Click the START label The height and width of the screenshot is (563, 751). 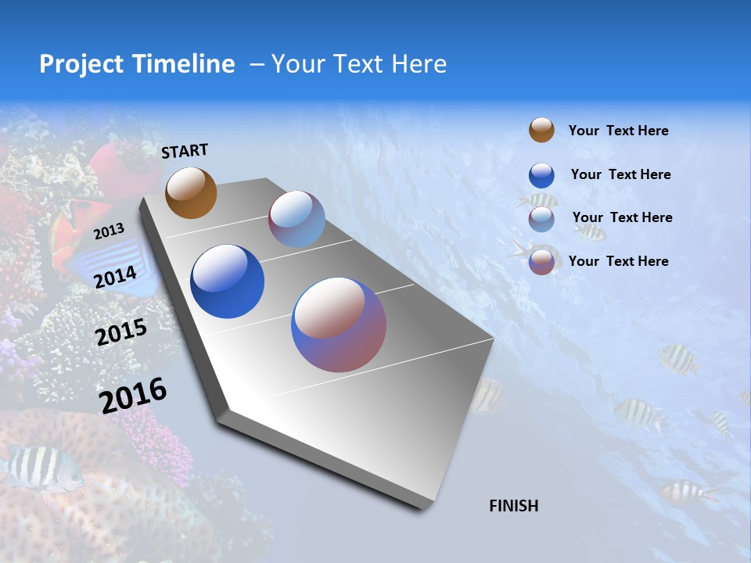point(185,151)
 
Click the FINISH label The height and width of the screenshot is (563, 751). point(513,506)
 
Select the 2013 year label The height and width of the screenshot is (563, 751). point(109,231)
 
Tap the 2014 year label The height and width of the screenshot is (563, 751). point(116,277)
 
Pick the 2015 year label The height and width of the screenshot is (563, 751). point(120,332)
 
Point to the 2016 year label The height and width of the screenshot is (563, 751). point(133,395)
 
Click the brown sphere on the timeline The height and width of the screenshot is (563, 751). point(191,192)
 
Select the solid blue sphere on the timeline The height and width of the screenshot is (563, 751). point(227,281)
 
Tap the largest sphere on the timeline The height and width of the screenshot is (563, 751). point(339,325)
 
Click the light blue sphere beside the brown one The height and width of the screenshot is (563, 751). point(296,219)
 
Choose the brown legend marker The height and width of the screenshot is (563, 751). point(541,130)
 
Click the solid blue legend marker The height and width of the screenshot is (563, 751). point(541,175)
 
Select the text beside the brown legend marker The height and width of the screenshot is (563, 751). point(618,131)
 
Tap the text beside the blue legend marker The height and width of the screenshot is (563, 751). point(620,174)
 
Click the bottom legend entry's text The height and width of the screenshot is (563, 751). point(618,261)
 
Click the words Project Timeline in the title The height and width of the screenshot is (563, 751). point(137,64)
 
